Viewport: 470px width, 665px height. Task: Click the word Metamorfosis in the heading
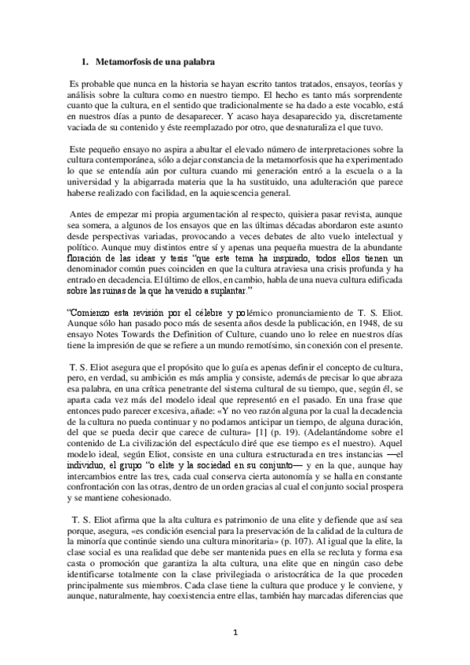click(x=122, y=60)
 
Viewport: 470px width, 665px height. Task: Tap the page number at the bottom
click(x=235, y=632)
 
